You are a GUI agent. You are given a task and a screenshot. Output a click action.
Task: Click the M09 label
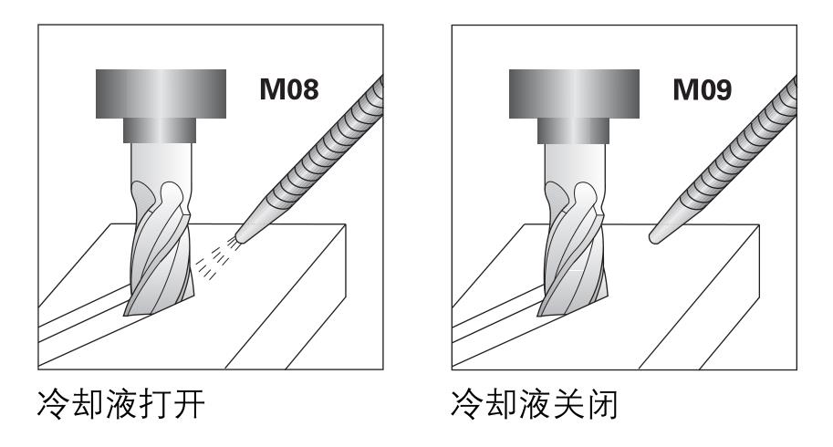click(706, 93)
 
